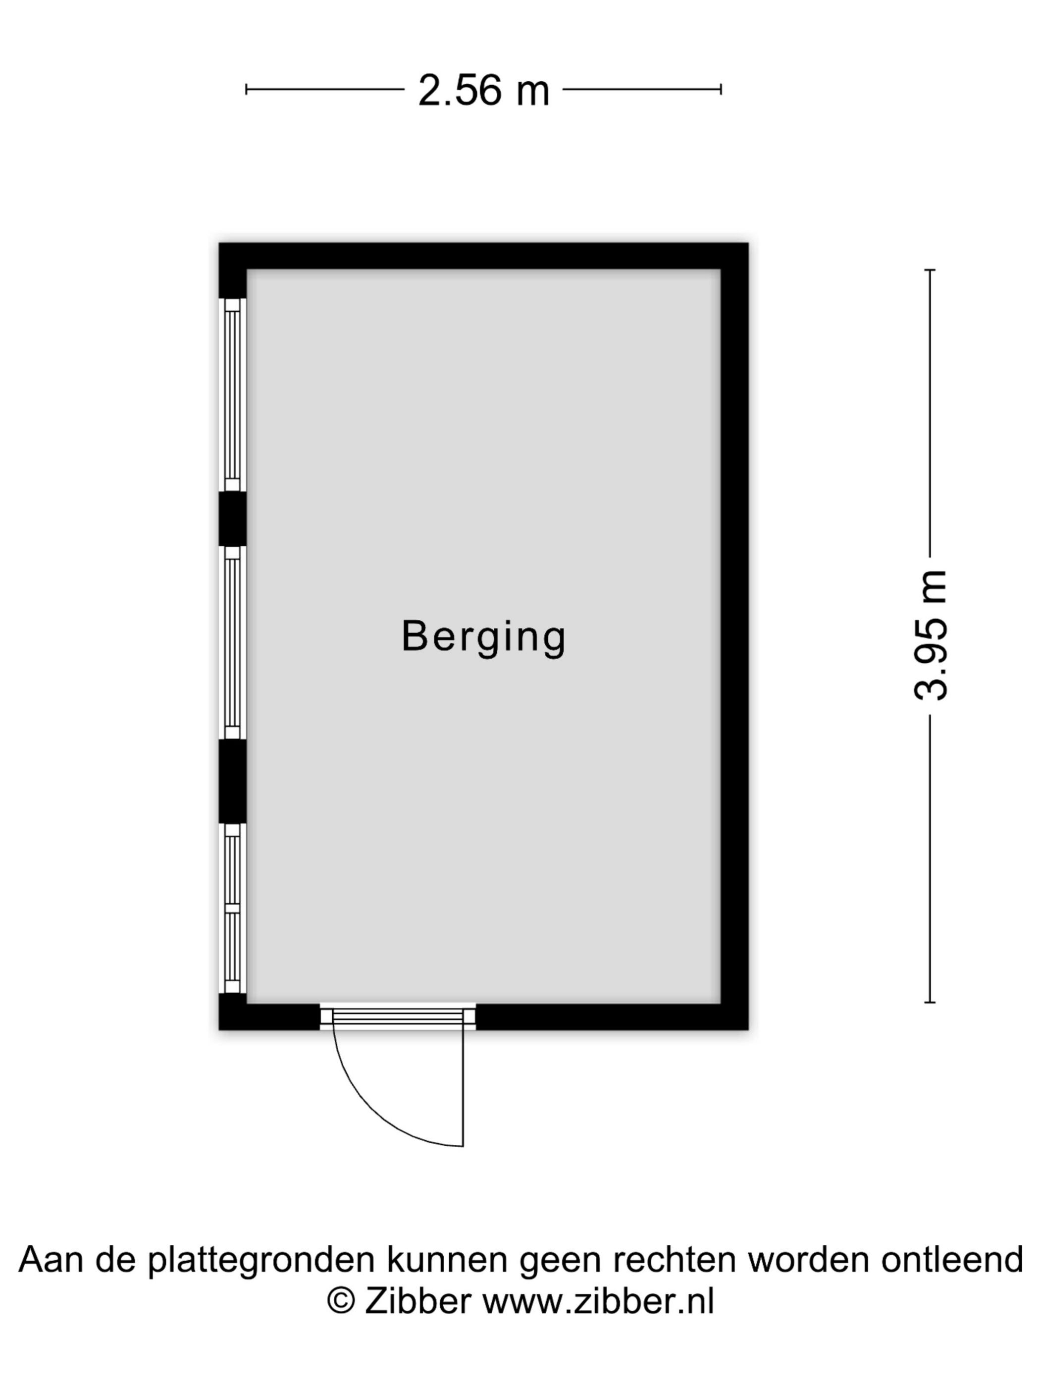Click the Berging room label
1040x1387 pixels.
click(483, 638)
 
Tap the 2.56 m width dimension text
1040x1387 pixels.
click(483, 90)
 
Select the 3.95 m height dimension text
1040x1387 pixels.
click(930, 635)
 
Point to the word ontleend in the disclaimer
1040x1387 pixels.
click(952, 1259)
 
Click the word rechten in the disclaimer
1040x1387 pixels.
click(674, 1259)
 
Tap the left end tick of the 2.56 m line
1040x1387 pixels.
click(246, 90)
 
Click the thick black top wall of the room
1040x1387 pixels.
click(483, 256)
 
